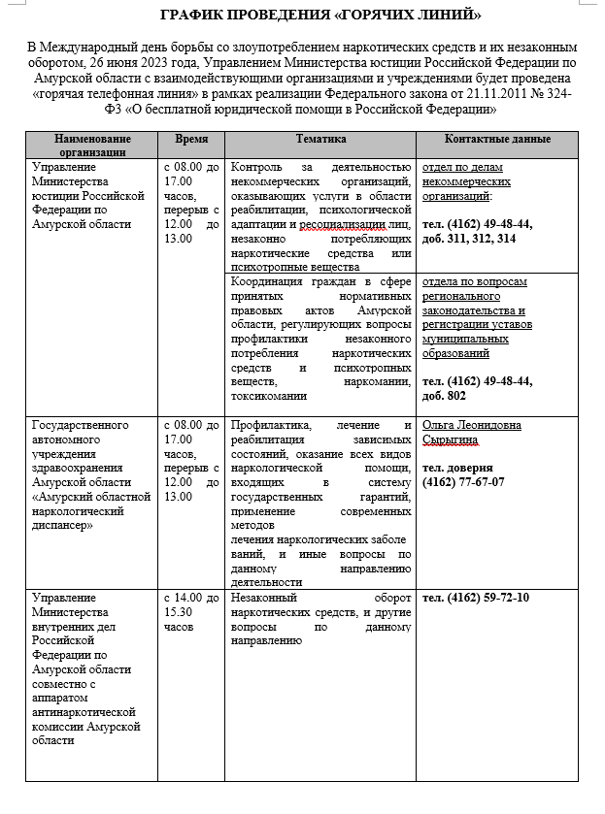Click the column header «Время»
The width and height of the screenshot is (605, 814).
(190, 140)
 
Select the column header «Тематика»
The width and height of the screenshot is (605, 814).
(320, 140)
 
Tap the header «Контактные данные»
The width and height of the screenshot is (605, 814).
(497, 140)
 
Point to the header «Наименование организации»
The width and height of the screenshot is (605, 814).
(91, 146)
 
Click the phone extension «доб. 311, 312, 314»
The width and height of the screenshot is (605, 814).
(470, 238)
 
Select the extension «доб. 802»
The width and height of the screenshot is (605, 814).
(445, 396)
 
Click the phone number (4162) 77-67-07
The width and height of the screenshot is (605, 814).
(464, 481)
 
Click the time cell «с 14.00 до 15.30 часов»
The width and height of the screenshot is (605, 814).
(191, 612)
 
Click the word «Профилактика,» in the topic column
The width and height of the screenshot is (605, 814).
(271, 425)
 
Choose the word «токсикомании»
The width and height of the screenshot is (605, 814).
(269, 396)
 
